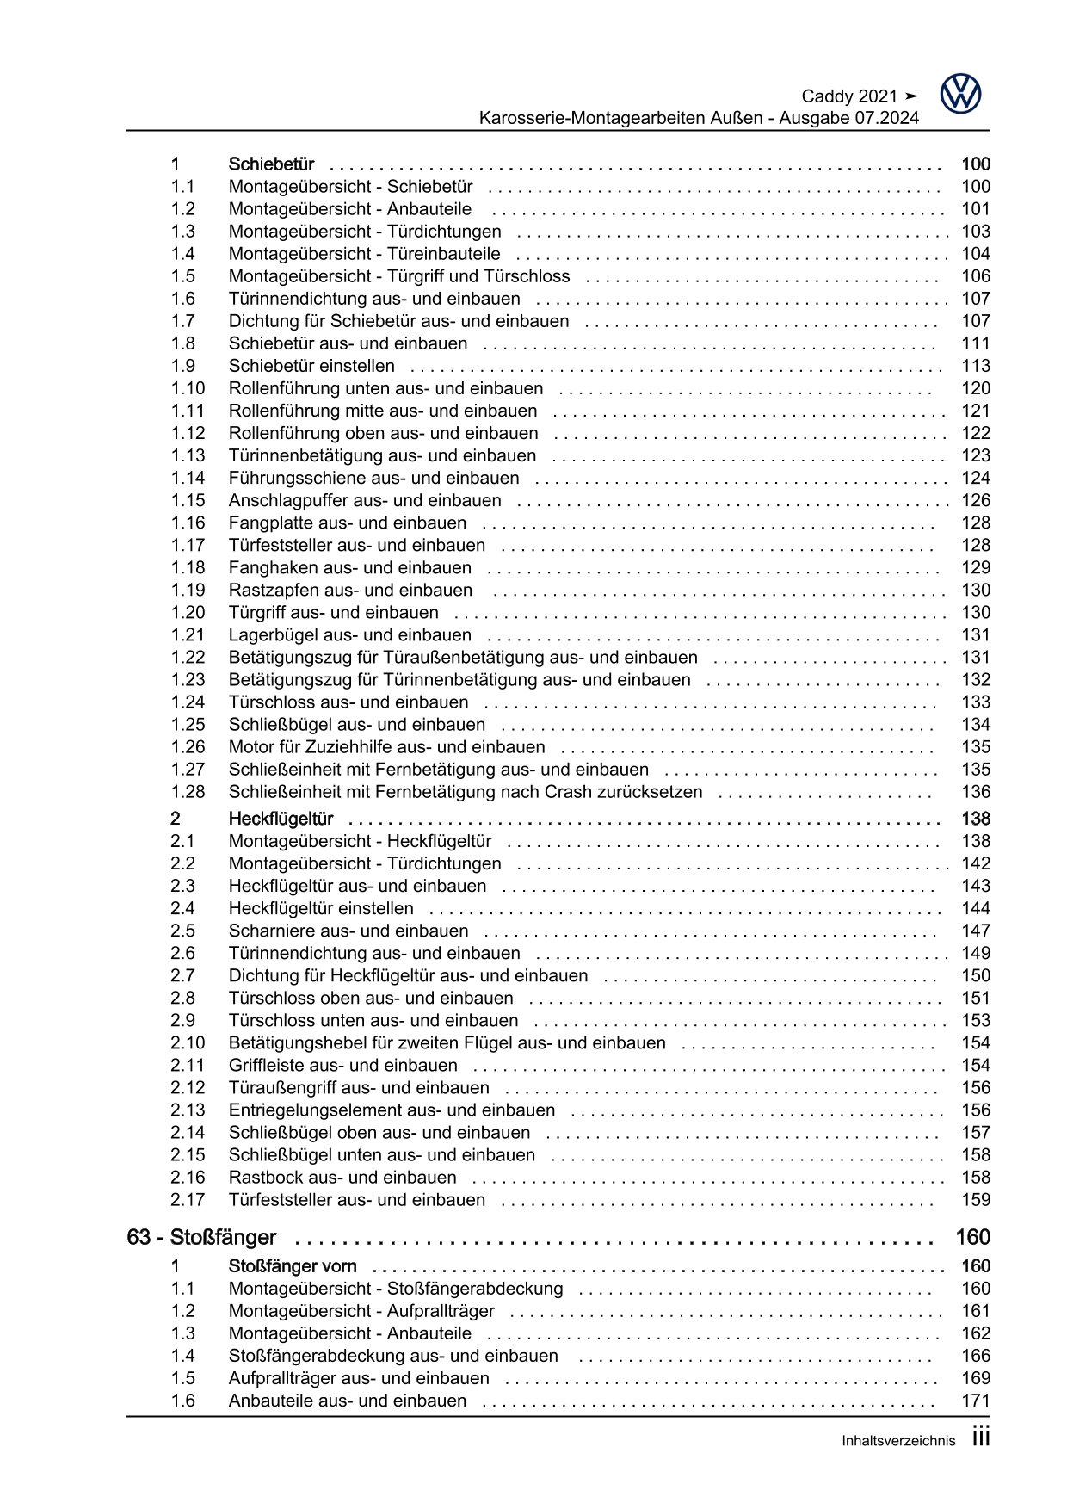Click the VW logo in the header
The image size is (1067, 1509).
960,94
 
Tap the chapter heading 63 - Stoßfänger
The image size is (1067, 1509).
201,1237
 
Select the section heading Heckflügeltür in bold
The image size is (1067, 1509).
281,819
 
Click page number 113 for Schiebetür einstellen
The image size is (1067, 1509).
976,366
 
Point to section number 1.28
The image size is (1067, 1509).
188,792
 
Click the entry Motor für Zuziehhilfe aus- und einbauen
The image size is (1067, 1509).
386,747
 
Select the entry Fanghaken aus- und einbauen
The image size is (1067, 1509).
349,568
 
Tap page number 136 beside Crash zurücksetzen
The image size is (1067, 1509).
976,792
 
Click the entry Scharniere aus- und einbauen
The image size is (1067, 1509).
348,931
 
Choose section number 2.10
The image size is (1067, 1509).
188,1043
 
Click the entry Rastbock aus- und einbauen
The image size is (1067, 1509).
342,1178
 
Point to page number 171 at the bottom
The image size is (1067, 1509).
976,1401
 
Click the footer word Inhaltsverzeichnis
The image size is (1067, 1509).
898,1441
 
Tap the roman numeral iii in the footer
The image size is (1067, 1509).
981,1437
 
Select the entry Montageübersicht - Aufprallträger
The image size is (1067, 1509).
361,1311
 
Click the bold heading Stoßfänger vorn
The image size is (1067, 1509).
293,1266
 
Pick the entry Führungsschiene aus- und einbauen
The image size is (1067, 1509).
373,479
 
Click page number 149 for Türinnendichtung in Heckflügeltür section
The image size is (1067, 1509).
976,953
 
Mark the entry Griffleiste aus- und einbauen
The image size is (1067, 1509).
342,1066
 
